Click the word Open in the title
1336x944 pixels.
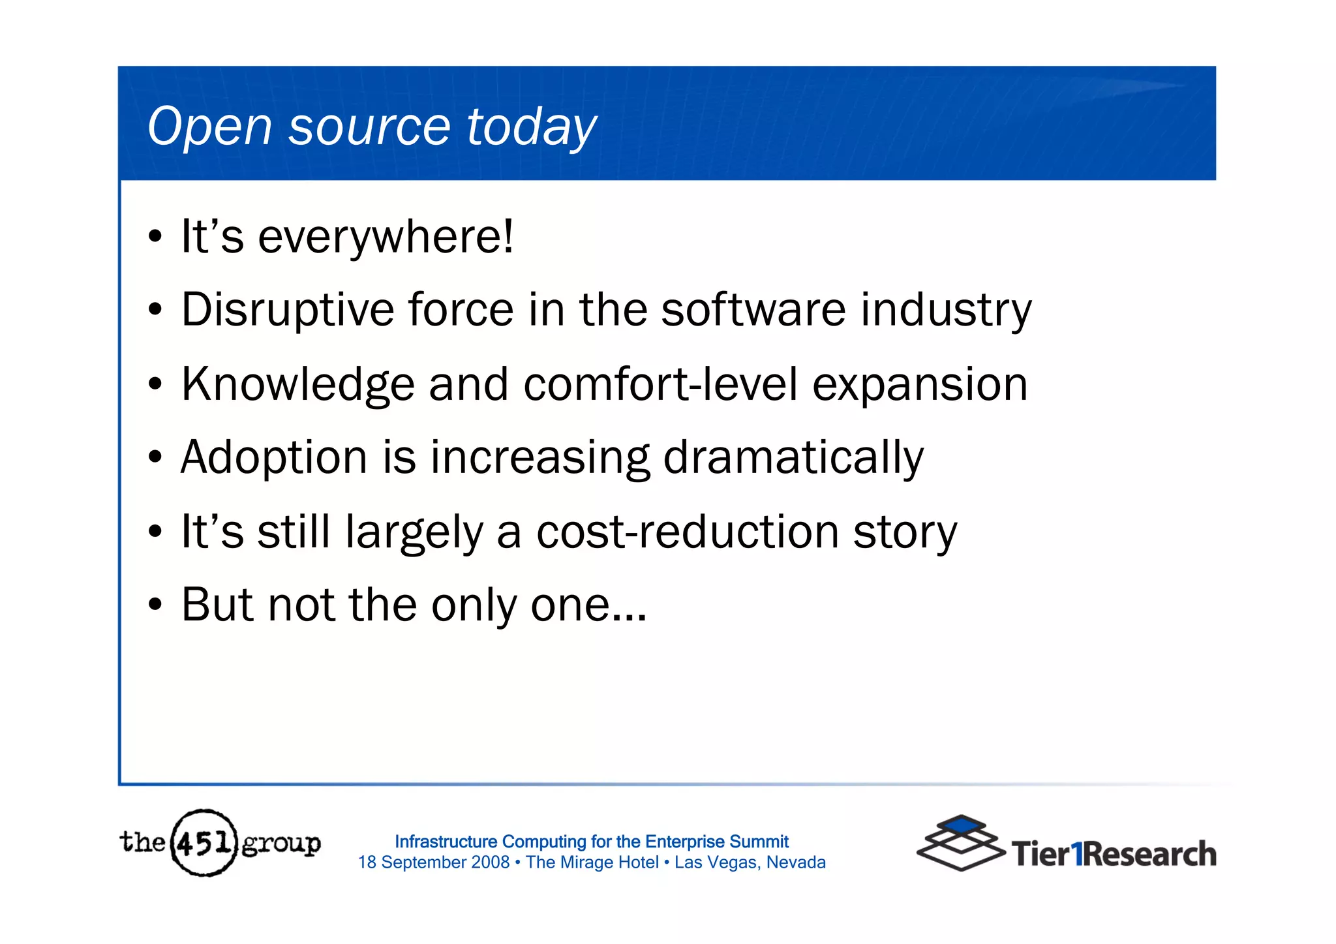[209, 127]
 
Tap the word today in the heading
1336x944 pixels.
[531, 127]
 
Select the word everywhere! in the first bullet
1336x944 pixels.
[386, 237]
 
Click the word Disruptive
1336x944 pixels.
[287, 310]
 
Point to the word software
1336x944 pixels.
[753, 310]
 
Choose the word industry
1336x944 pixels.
[946, 310]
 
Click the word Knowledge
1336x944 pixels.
[297, 385]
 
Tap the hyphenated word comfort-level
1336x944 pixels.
[660, 385]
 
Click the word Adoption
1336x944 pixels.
[274, 458]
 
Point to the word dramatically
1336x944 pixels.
[793, 458]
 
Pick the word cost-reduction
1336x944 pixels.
[687, 532]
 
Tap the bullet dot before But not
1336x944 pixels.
[155, 605]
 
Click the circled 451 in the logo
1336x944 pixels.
[204, 843]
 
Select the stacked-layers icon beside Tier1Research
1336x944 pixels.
[960, 843]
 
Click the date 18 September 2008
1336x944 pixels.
[433, 862]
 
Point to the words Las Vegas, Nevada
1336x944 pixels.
[750, 862]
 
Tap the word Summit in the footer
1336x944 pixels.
[759, 842]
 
